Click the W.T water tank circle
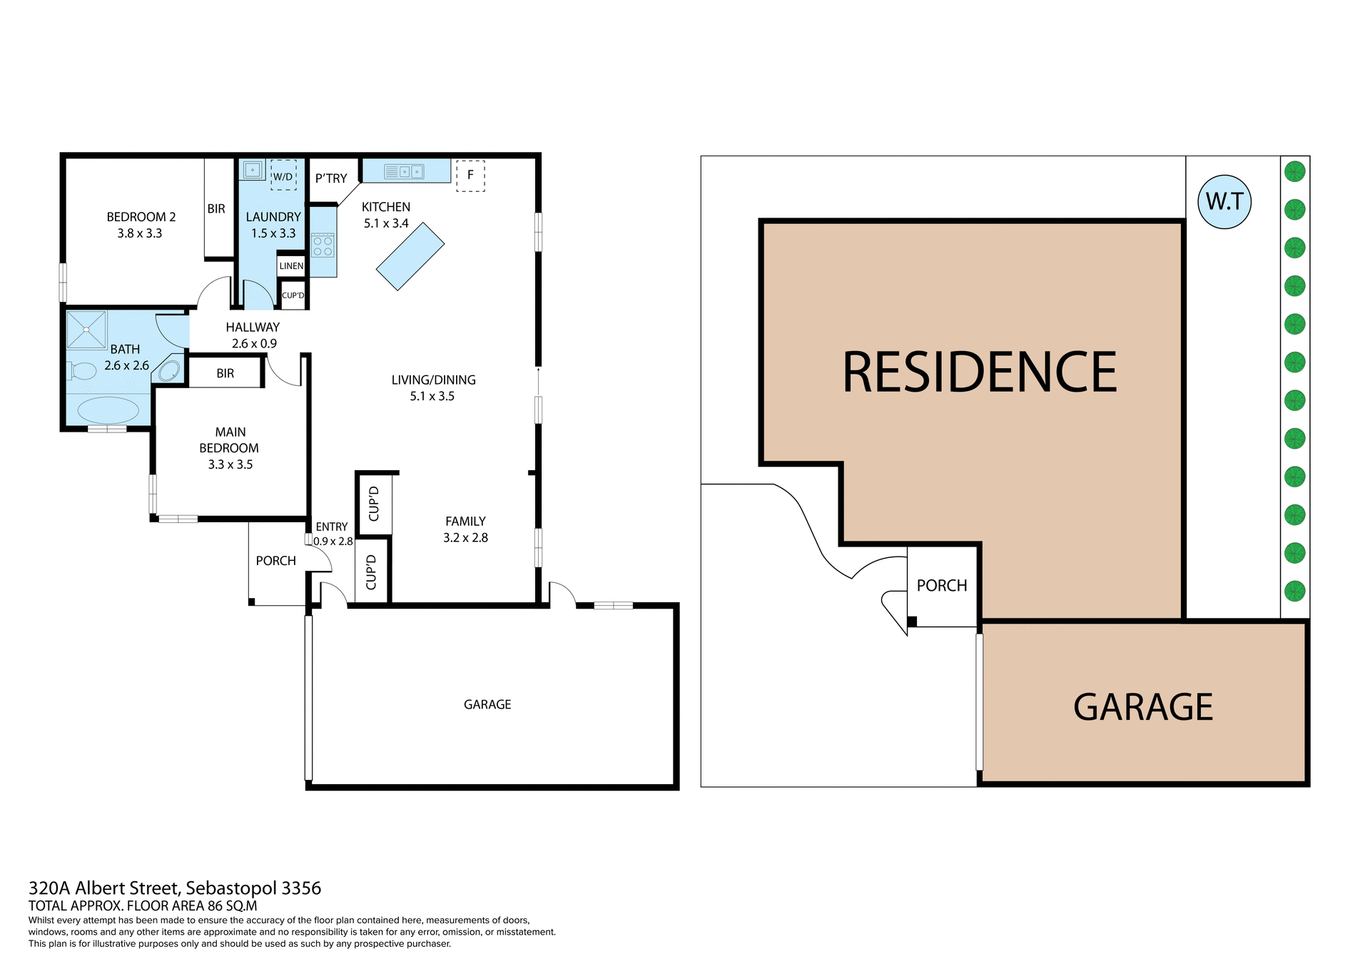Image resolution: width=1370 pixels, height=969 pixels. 1225,202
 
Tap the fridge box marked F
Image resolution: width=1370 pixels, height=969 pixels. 470,176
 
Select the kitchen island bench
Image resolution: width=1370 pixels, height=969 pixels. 410,256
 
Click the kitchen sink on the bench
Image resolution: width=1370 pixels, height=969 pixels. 404,172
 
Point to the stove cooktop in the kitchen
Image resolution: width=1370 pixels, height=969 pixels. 323,246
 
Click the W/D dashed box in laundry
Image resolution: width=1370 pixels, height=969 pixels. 283,176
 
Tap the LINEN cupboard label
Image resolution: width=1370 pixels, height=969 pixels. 291,266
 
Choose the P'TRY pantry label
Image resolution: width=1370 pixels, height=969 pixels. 331,178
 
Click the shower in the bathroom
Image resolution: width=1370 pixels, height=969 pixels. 86,330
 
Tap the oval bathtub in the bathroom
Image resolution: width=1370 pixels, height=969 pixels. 108,410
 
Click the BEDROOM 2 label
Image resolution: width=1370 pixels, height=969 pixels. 141,217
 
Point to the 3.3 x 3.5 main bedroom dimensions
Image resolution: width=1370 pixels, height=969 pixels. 230,465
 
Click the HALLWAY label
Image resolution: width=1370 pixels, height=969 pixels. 253,328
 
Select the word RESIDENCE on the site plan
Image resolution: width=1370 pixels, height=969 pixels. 980,372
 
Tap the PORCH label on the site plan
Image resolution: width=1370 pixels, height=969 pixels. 942,586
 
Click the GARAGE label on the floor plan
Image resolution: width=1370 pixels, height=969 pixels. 487,705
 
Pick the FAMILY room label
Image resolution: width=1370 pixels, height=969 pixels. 465,522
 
